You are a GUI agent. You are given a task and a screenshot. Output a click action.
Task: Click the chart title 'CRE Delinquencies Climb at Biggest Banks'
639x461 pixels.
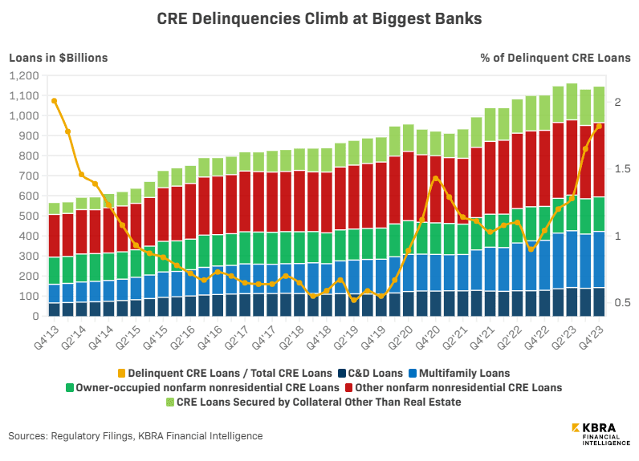point(319,18)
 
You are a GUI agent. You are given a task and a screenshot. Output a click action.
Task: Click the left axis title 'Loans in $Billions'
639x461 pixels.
point(58,58)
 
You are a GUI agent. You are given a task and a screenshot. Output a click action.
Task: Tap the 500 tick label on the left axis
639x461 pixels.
point(30,216)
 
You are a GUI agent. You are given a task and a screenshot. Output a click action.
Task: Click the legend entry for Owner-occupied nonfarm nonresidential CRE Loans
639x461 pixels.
point(204,387)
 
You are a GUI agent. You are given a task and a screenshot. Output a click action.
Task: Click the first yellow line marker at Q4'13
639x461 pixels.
point(54,101)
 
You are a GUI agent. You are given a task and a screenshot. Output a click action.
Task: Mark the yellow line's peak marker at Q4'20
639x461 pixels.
point(435,179)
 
